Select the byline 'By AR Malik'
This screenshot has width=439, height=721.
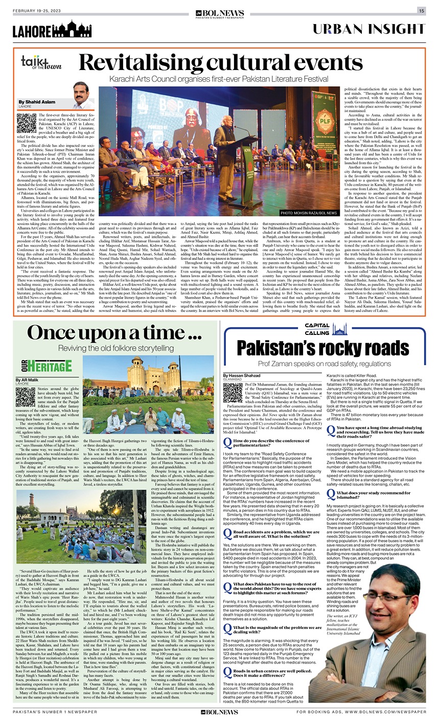pyautogui.click(x=30, y=381)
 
